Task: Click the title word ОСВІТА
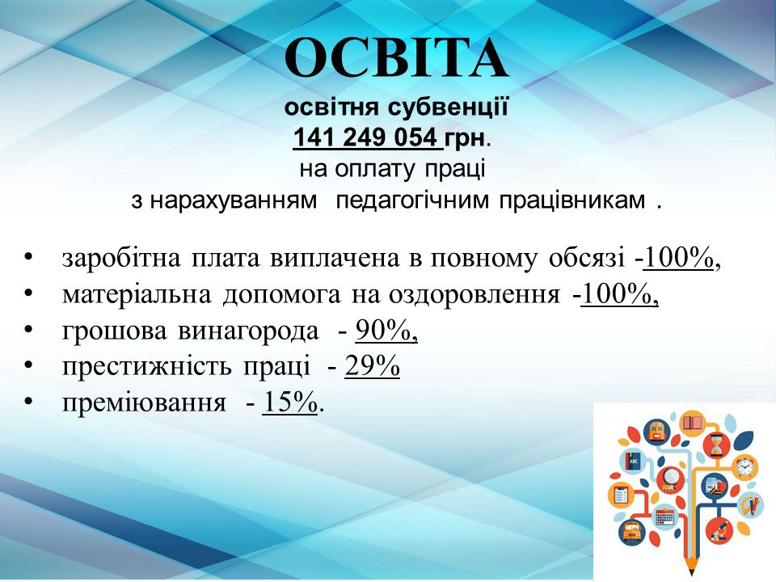[396, 58]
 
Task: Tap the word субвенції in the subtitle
[448, 107]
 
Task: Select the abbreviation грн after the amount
[464, 138]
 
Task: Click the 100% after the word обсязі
[678, 258]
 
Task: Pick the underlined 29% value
[372, 367]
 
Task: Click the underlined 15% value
[289, 403]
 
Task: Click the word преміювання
[144, 403]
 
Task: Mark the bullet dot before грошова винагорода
[28, 329]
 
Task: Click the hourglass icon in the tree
[716, 445]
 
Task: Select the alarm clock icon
[744, 466]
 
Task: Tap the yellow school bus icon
[630, 532]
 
